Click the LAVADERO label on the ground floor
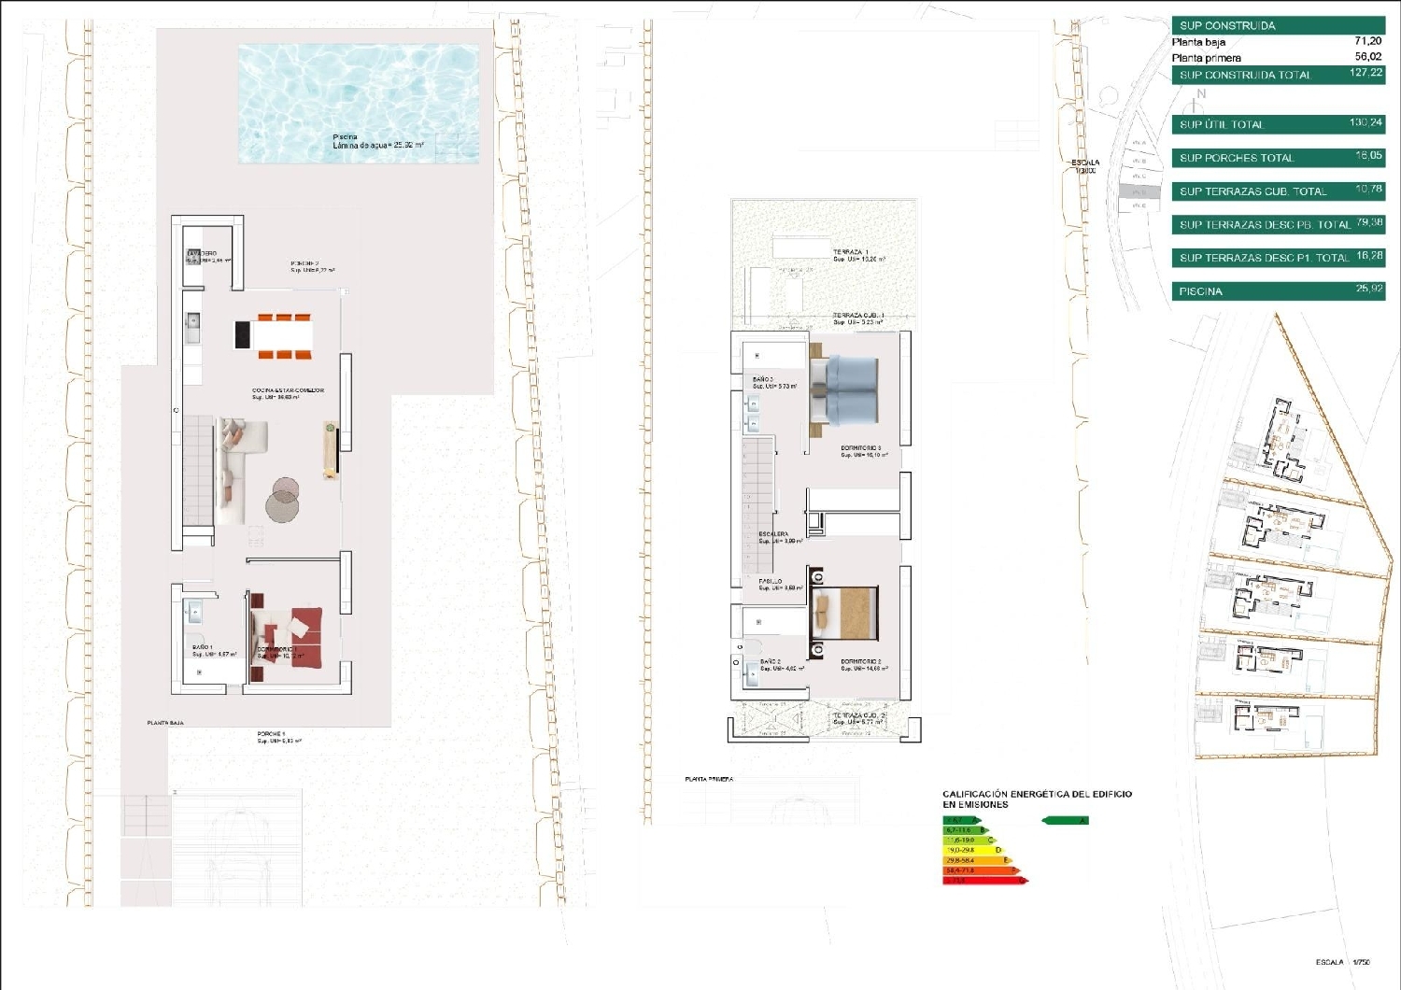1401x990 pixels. click(204, 254)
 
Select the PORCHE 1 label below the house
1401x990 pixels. click(272, 734)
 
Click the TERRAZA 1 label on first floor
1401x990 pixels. click(851, 252)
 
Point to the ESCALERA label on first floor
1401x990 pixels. click(773, 534)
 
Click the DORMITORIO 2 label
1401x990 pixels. click(860, 661)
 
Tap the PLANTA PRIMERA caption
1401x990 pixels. click(709, 779)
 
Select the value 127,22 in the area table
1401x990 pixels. click(1366, 73)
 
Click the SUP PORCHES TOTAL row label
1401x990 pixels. click(1236, 158)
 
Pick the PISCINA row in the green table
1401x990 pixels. click(1200, 291)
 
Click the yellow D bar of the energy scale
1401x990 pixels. click(972, 850)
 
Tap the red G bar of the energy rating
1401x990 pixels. click(984, 881)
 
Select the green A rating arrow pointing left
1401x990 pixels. click(1064, 821)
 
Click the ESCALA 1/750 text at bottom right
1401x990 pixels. click(1342, 962)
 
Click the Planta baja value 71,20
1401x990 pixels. click(1367, 41)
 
